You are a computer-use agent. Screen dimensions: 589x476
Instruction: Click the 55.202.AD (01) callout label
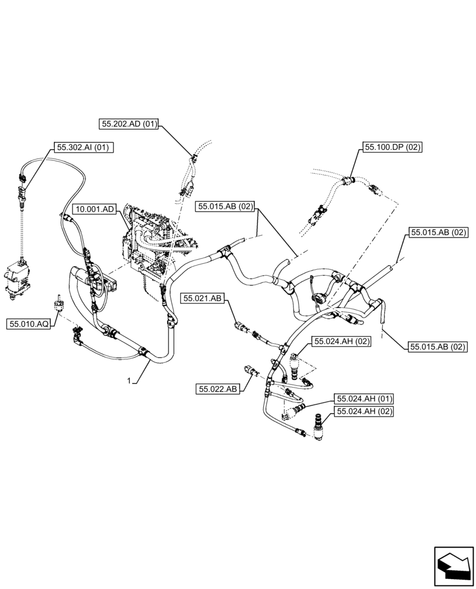tap(129, 124)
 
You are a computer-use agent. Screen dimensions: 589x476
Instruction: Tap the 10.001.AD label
tap(96, 209)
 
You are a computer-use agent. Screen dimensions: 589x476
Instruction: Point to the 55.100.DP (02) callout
tap(393, 147)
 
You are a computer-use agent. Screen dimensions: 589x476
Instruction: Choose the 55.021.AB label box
tap(202, 299)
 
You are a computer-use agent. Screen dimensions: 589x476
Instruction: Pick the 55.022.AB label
tap(217, 389)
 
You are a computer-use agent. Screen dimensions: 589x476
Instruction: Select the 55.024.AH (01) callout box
tap(364, 399)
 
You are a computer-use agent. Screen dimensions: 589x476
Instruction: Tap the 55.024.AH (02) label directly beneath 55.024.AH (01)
tap(364, 412)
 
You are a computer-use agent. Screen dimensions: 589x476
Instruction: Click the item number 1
tap(128, 381)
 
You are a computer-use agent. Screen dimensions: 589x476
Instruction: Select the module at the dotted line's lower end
tap(17, 282)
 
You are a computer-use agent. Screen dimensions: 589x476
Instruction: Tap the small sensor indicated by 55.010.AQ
tap(59, 302)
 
